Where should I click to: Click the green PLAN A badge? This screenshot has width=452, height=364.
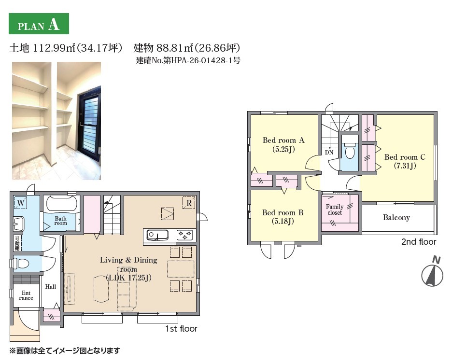pos(39,24)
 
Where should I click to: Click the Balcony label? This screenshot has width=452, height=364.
pos(396,218)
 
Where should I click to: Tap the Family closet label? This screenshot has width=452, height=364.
pos(335,210)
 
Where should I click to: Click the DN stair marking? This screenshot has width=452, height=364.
pos(329,153)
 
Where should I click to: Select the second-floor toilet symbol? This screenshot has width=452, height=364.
pos(350,151)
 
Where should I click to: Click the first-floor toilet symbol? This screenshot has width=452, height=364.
pos(20,263)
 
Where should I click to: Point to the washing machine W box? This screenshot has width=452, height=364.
pos(21,203)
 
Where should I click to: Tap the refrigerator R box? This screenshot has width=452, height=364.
pos(189,203)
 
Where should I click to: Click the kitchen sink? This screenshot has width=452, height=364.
pos(157,235)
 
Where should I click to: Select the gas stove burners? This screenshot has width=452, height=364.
pos(185,235)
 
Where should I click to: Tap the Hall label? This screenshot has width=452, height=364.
pos(50,287)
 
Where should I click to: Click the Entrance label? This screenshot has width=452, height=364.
pos(26,295)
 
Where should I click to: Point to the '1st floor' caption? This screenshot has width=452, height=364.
pos(181,329)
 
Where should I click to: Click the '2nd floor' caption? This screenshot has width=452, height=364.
pos(419,242)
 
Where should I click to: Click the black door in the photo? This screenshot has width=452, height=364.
pos(89,121)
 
